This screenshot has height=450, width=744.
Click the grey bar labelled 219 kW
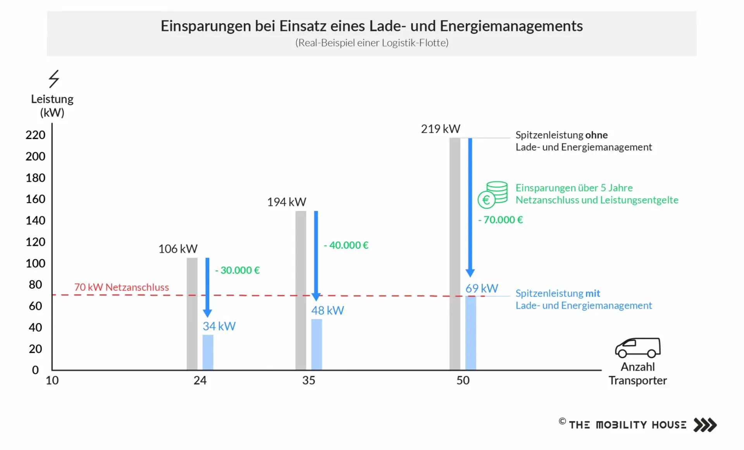click(x=455, y=253)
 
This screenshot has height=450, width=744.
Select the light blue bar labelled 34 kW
click(x=208, y=352)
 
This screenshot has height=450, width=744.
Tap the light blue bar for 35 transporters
click(x=317, y=344)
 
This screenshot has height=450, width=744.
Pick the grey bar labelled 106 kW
click(x=192, y=313)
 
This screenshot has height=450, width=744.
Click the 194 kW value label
click(x=286, y=202)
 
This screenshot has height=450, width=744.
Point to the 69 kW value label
click(x=482, y=288)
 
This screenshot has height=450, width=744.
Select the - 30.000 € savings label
click(x=237, y=270)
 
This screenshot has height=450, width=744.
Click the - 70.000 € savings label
click(x=500, y=220)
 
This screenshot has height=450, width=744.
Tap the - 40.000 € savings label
click(x=346, y=245)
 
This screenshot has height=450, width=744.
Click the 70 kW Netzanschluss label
click(x=121, y=287)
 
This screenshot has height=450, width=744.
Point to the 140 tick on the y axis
click(x=35, y=221)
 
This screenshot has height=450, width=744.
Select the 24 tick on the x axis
click(x=200, y=380)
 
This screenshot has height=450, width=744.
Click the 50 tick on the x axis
click(x=463, y=380)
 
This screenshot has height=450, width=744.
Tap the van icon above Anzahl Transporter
click(x=637, y=347)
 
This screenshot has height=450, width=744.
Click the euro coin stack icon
click(x=493, y=195)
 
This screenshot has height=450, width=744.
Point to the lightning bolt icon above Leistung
click(x=54, y=79)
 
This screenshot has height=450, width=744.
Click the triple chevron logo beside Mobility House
click(x=705, y=425)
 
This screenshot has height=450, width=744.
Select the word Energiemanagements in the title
click(x=511, y=26)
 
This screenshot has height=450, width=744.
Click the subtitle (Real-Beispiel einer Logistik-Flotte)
click(x=372, y=43)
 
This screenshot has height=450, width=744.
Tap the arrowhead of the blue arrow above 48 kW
click(x=316, y=297)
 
